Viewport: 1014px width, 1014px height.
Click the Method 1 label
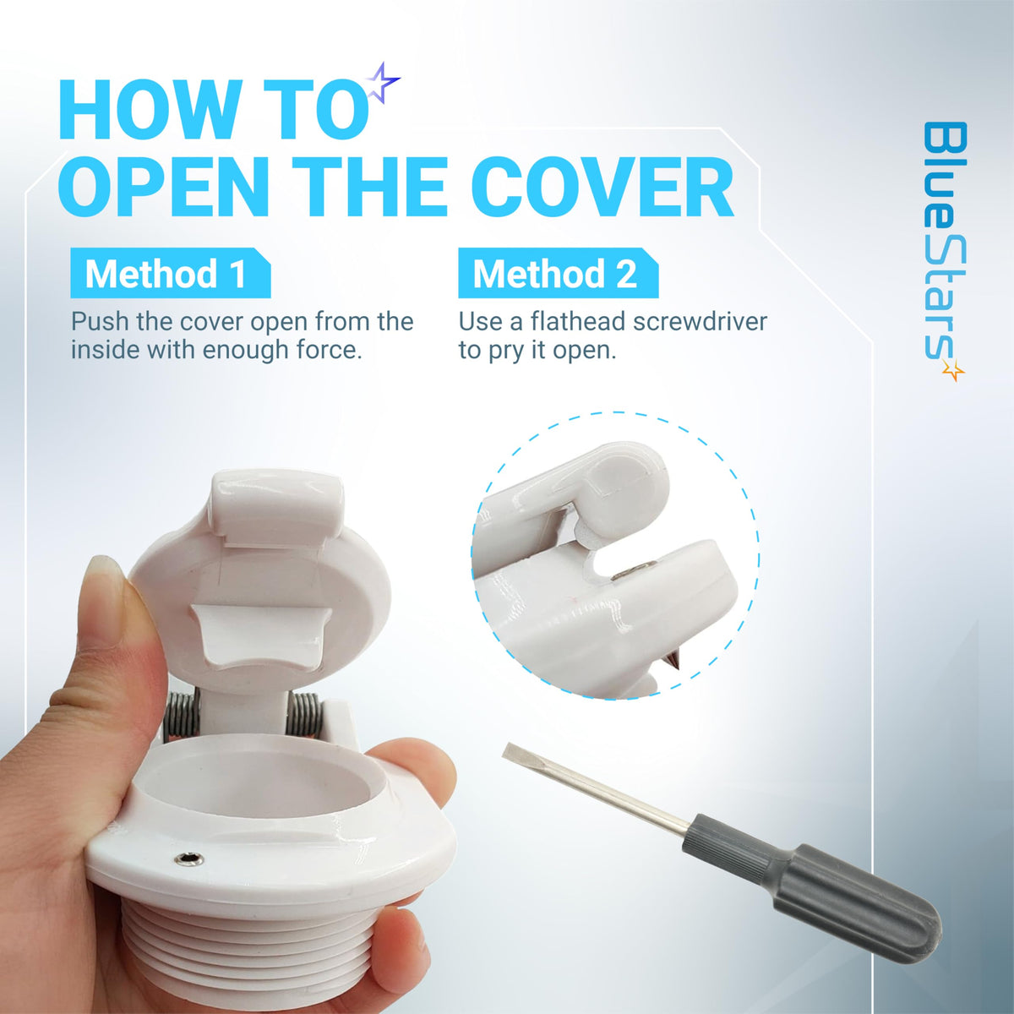point(170,273)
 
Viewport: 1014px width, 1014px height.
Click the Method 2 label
point(558,273)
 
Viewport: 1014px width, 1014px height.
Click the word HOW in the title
point(141,111)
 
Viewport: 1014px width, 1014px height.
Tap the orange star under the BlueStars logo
point(953,370)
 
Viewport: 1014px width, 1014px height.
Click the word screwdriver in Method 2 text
point(700,322)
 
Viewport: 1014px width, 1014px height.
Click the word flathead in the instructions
point(578,322)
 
